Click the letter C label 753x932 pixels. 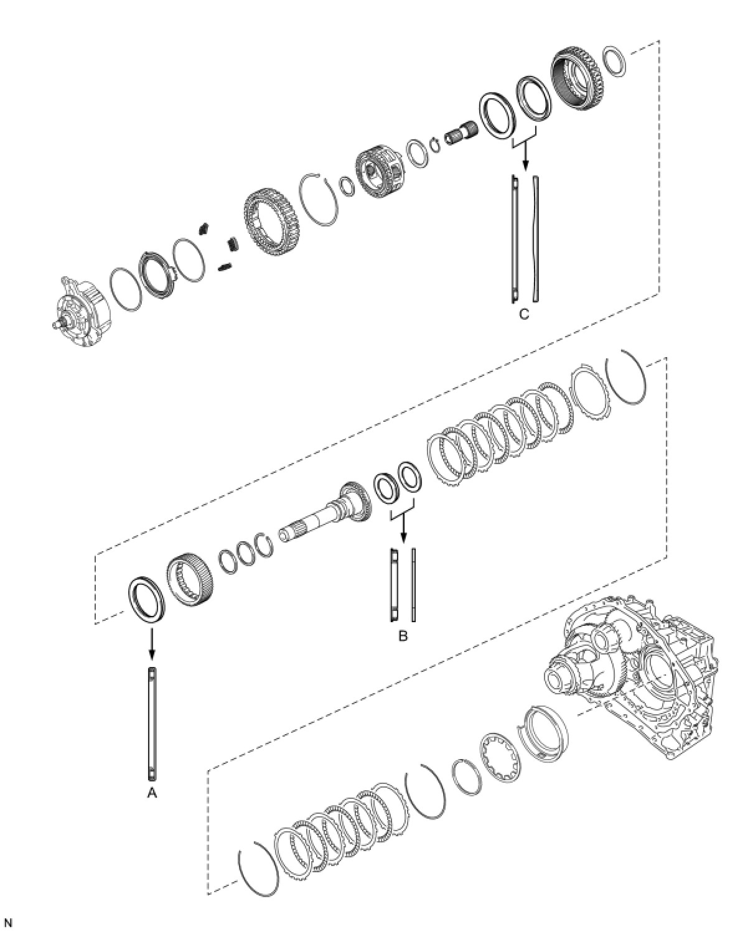point(524,314)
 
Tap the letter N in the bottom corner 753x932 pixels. point(9,923)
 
